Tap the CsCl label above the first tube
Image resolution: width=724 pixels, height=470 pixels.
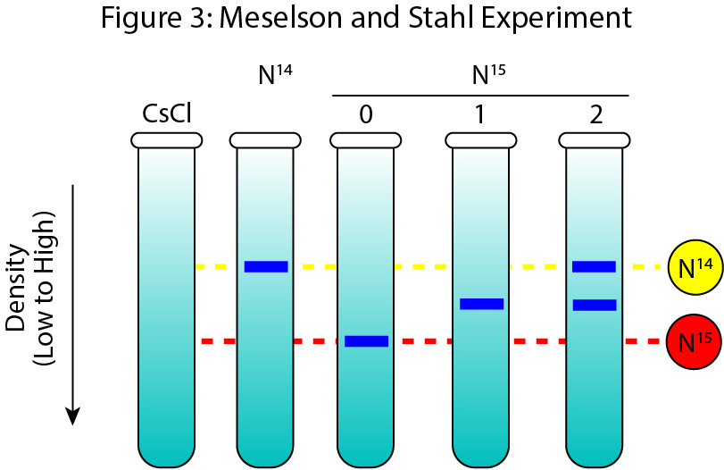(167, 113)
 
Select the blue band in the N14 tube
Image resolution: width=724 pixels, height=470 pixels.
(266, 266)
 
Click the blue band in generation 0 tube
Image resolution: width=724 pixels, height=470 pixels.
(366, 340)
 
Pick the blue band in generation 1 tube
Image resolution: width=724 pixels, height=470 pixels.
(481, 304)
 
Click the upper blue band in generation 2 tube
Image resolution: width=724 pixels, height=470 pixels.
(594, 266)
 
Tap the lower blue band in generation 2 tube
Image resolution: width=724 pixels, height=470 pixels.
(594, 305)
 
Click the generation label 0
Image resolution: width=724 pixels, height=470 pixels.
(365, 114)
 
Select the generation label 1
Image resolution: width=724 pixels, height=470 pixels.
(480, 114)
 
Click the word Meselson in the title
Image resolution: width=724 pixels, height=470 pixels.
(292, 19)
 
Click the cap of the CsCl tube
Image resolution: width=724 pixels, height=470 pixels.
(167, 140)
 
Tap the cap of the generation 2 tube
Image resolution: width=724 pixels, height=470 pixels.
(594, 140)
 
